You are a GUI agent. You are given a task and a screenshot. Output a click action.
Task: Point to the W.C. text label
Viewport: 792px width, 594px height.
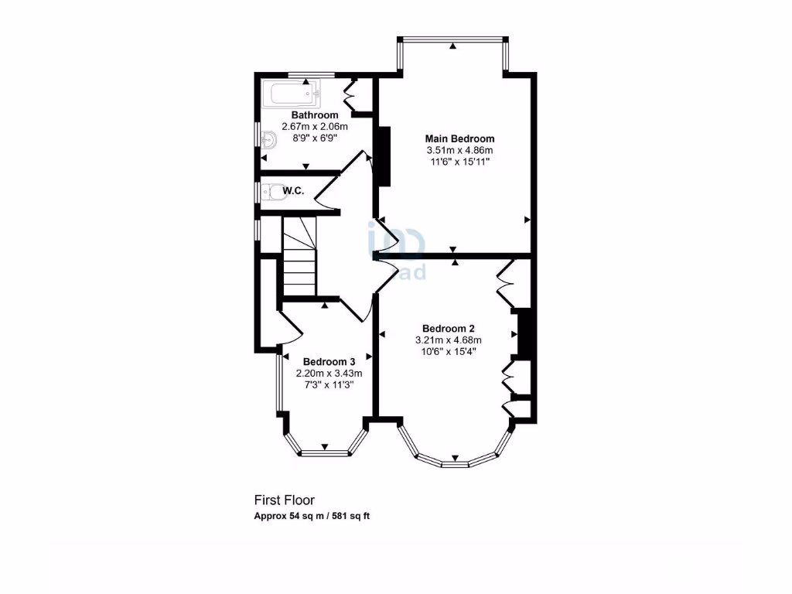coord(292,190)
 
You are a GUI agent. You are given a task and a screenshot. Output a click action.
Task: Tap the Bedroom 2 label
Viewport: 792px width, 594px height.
coord(448,327)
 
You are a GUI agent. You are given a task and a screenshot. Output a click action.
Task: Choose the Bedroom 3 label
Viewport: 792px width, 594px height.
coord(329,361)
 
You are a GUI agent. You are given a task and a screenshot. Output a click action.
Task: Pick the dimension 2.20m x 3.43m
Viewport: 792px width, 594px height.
coord(329,373)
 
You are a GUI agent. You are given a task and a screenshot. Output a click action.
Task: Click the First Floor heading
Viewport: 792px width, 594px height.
coord(285,500)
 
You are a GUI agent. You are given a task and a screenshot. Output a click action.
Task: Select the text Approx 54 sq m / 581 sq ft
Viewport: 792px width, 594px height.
coord(312,516)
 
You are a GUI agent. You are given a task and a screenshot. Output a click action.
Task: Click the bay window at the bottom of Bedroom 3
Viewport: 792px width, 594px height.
coord(324,452)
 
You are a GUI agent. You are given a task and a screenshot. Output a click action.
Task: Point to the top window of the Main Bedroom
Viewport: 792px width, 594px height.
coord(452,39)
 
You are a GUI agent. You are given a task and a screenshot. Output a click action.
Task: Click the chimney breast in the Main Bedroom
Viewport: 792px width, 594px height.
coord(383,155)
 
